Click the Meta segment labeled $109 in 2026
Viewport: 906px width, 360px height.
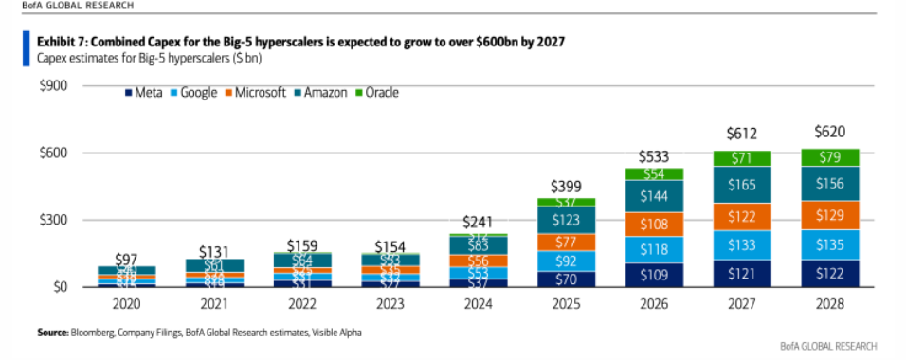[x=651, y=275]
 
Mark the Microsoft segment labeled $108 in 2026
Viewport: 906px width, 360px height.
[x=651, y=225]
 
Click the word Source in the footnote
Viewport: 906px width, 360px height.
[x=51, y=332]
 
